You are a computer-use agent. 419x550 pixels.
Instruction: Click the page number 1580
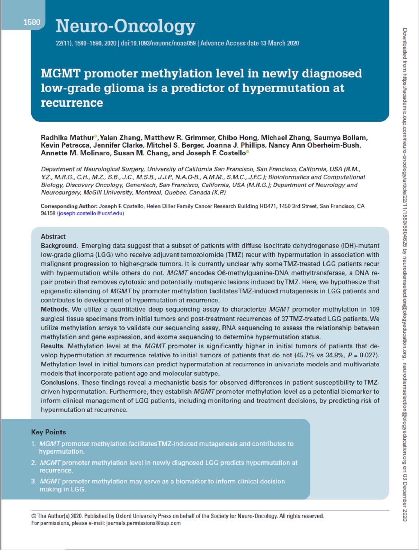(x=32, y=22)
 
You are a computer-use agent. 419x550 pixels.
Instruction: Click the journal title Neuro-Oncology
(x=125, y=26)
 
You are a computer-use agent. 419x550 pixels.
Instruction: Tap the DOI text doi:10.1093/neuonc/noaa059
(x=158, y=43)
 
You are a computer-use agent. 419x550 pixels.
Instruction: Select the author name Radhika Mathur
(x=67, y=137)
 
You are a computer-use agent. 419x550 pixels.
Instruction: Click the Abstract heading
(x=53, y=236)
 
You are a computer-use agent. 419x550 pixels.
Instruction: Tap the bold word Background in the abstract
(x=59, y=246)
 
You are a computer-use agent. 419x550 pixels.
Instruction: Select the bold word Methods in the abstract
(x=54, y=309)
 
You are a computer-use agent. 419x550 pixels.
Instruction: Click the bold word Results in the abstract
(x=52, y=346)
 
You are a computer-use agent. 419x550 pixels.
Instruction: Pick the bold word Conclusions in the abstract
(x=59, y=382)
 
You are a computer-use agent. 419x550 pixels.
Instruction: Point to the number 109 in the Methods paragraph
(x=374, y=309)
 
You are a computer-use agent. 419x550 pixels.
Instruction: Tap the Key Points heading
(x=48, y=432)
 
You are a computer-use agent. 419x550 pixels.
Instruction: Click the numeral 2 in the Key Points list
(x=33, y=463)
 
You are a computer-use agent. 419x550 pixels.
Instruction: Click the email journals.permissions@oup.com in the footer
(x=143, y=523)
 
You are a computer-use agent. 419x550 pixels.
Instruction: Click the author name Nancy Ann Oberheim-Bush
(x=314, y=145)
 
